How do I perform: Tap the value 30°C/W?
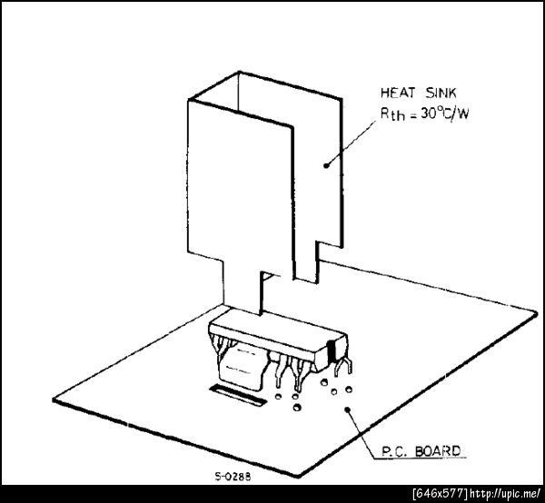[444, 113]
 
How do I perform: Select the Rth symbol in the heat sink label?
[392, 113]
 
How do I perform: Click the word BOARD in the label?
[438, 451]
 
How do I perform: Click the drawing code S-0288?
[233, 477]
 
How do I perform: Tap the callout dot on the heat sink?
[326, 165]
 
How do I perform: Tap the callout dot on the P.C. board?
[347, 409]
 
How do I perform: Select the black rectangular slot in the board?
[238, 395]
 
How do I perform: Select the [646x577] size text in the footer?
[441, 494]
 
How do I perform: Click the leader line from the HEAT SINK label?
[351, 143]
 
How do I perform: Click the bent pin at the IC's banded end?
[343, 368]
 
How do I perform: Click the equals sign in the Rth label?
[413, 115]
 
